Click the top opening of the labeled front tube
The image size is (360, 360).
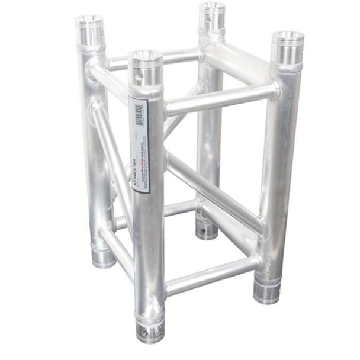pos(145,58)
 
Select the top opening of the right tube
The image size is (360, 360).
pos(287,39)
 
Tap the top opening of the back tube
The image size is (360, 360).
pos(211,8)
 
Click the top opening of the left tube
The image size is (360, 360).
pos(89,22)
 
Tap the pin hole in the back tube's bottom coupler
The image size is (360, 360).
pos(206,228)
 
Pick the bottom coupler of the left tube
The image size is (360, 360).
pos(104,256)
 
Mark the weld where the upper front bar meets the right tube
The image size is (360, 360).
pos(274,90)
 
